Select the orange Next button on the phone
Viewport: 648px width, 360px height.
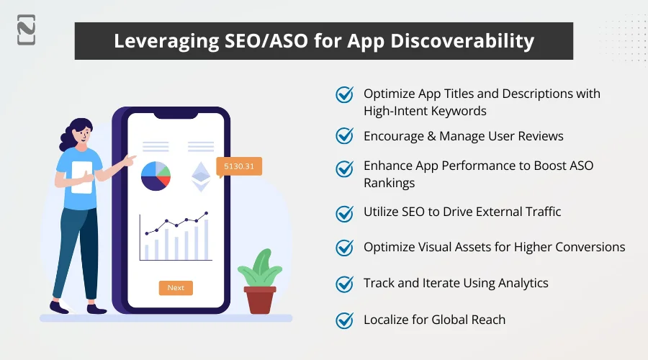(x=176, y=287)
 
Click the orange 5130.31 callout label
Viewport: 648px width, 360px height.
(x=239, y=166)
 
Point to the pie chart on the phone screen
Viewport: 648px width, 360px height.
(x=155, y=175)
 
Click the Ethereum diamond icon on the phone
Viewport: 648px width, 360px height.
(x=200, y=176)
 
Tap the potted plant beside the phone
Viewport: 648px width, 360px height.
(x=259, y=281)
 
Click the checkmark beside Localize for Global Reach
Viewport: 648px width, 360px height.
(x=345, y=320)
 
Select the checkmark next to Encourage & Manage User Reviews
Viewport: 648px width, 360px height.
(x=345, y=135)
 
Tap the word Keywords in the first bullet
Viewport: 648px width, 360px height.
(x=457, y=111)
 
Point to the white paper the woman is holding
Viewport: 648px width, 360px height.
(x=82, y=177)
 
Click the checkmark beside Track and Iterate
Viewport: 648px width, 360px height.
(x=345, y=284)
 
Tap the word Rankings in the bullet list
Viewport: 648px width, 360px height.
(x=389, y=183)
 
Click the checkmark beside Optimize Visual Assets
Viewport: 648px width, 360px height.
(x=345, y=247)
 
